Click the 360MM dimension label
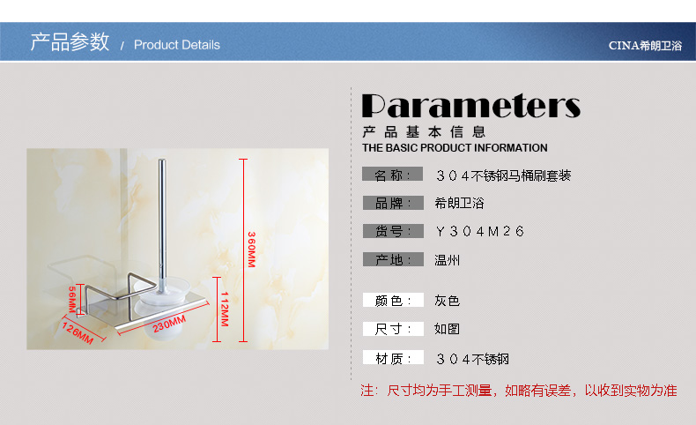coord(252,250)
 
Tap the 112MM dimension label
coord(225,309)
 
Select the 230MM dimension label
coord(169,324)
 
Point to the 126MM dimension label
coord(78,333)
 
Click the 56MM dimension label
coord(72,299)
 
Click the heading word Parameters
coord(471,106)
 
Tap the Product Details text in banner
coord(177,45)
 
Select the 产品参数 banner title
coord(70,42)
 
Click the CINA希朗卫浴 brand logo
coord(645,45)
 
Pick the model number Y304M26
coord(480,231)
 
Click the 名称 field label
coord(392,175)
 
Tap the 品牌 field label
coord(393,203)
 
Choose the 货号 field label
coord(393,231)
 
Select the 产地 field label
coord(393,259)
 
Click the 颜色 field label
coord(393,300)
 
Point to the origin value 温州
coord(447,260)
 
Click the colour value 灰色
coord(447,301)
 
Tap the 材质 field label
coord(393,357)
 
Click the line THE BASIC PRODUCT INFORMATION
coord(455,148)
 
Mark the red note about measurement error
coord(518,391)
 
